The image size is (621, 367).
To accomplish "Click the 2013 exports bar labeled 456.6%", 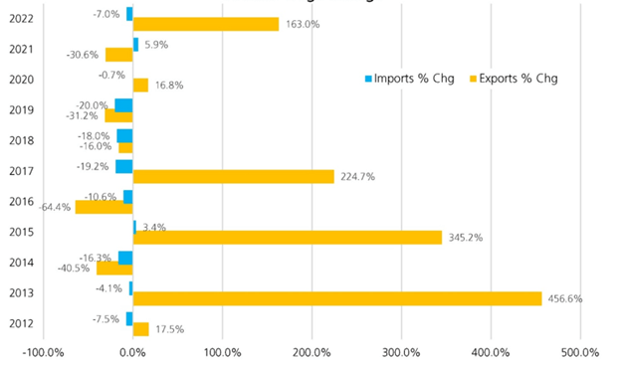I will point(337,298).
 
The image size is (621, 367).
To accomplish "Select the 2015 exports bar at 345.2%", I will point(288,238).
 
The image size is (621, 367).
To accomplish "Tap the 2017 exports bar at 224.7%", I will point(233,176).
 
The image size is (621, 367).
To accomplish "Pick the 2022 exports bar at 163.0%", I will point(206,24).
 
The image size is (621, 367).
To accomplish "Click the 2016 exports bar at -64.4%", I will point(103,207).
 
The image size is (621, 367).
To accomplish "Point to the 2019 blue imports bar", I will point(123,105).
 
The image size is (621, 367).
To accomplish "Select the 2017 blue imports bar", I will point(123,166).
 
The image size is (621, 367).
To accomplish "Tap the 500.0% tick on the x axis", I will point(579,352).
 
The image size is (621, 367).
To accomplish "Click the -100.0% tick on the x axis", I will point(44,352).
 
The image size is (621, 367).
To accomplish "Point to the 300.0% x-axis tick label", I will point(400,352).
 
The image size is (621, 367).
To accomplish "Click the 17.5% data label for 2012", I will point(169,329).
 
